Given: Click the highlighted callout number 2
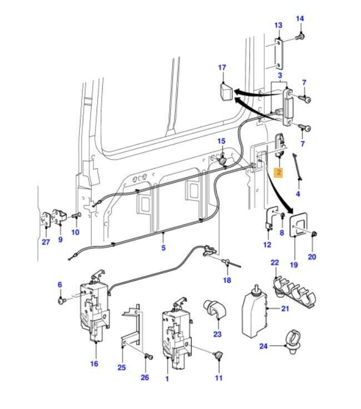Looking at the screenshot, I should coord(279,173).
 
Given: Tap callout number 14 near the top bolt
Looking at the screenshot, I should coord(300,19).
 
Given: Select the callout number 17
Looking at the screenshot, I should coord(222,68).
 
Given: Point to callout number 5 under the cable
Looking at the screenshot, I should coord(163,248).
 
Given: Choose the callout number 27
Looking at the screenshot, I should coord(46,241).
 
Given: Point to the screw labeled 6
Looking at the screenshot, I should coord(61,301).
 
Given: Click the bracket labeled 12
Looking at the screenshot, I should coord(271,218).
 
